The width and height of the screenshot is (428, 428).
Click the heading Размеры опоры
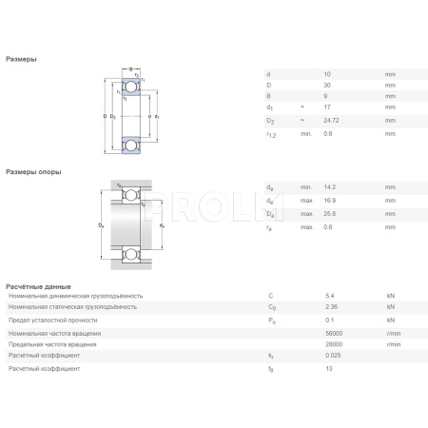pos(33,171)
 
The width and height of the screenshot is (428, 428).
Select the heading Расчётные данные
pos(38,285)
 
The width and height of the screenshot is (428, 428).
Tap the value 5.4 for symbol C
pos(330,296)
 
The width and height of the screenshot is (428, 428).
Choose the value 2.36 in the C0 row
pos(331,306)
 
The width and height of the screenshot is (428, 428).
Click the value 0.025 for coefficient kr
pos(333,355)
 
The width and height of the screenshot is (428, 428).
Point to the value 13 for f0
pos(328,367)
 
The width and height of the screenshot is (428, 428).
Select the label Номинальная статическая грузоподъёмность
pos(73,306)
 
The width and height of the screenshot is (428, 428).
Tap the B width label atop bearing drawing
pos(130,68)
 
